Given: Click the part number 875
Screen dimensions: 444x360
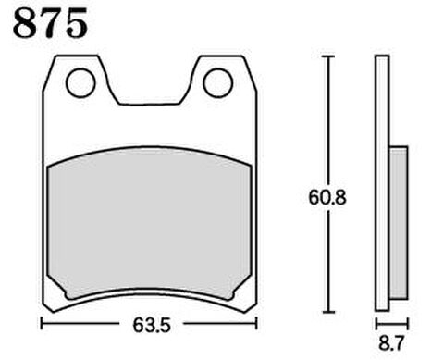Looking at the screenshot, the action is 50,23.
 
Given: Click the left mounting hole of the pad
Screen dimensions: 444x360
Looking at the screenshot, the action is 80,83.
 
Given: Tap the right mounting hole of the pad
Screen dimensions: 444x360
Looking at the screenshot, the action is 218,83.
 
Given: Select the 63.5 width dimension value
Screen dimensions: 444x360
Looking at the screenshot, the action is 152,325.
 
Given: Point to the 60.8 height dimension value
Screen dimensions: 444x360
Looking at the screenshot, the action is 327,197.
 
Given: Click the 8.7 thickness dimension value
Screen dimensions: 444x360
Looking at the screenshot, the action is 391,343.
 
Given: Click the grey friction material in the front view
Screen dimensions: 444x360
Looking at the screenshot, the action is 150,222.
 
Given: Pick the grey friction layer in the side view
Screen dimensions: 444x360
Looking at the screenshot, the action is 399,223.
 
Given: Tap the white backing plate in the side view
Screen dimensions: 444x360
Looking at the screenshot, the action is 382,183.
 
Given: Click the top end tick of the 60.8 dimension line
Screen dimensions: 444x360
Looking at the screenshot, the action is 328,56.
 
